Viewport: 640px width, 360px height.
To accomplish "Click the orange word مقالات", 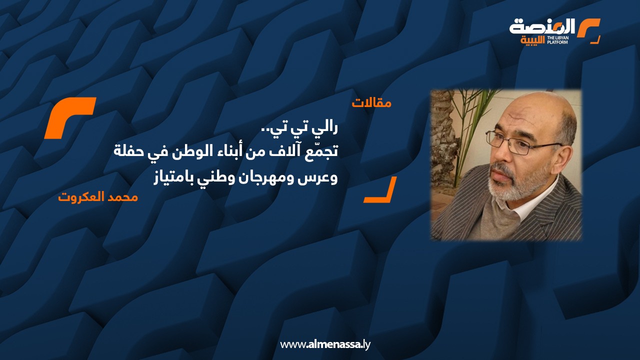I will click(x=371, y=103).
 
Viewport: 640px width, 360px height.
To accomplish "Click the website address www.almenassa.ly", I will click(x=325, y=344).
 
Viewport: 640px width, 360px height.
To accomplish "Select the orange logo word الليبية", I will click(x=533, y=40).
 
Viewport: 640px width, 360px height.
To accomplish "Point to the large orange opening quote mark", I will click(x=70, y=117).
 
